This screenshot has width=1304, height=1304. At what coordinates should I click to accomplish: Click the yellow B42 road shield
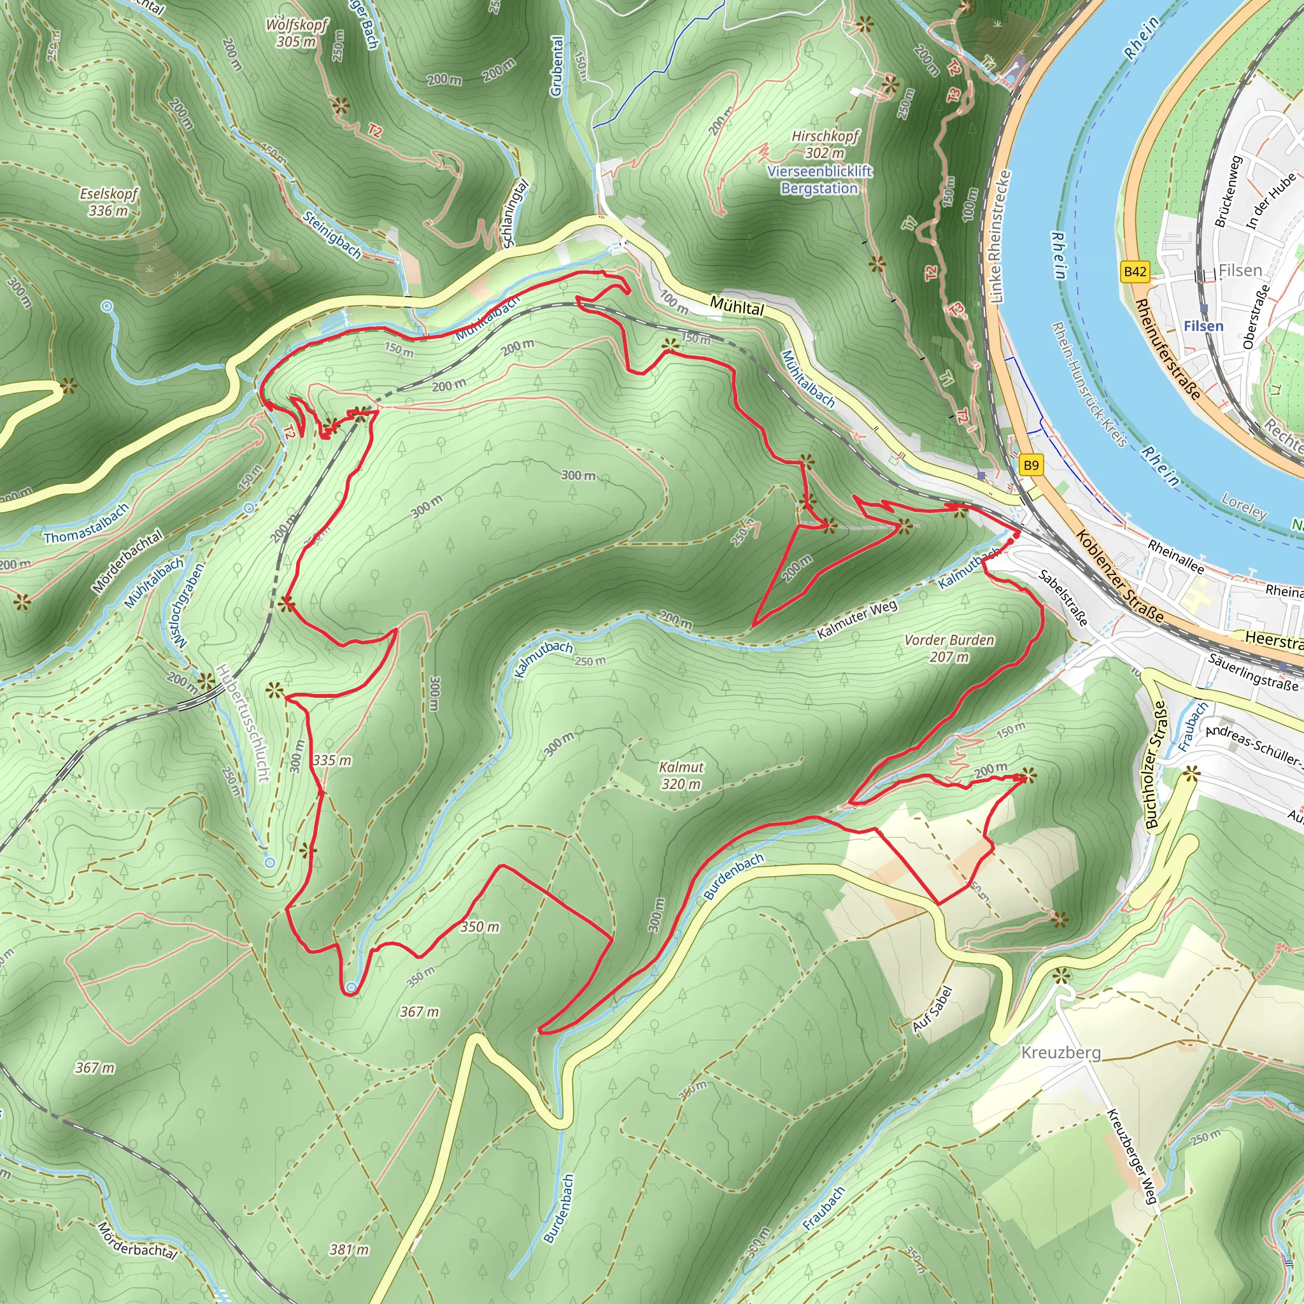(x=1135, y=272)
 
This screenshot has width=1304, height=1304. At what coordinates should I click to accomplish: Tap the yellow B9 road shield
(x=1031, y=465)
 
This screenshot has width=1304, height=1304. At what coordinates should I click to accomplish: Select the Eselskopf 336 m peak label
(x=109, y=202)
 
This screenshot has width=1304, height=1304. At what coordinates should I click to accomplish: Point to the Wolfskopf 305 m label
(x=296, y=33)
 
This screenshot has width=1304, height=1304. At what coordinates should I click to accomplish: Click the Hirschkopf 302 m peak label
(x=825, y=145)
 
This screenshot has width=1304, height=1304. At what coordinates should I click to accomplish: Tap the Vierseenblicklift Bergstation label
(x=819, y=180)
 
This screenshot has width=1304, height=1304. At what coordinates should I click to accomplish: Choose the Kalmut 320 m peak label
(x=681, y=776)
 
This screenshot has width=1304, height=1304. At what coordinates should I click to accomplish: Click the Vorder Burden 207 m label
(x=949, y=648)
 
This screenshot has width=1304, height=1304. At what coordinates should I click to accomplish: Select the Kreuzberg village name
(x=1060, y=1052)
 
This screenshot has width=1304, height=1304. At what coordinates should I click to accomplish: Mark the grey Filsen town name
(x=1240, y=271)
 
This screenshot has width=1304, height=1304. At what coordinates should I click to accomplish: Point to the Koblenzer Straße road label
(x=1119, y=576)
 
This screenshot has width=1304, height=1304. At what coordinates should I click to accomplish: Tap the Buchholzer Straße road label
(x=1156, y=765)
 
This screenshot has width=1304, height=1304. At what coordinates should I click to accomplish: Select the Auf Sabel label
(x=932, y=1009)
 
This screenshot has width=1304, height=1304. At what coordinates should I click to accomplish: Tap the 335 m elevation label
(x=332, y=761)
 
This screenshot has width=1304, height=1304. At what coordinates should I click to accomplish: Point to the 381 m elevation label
(x=349, y=1249)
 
